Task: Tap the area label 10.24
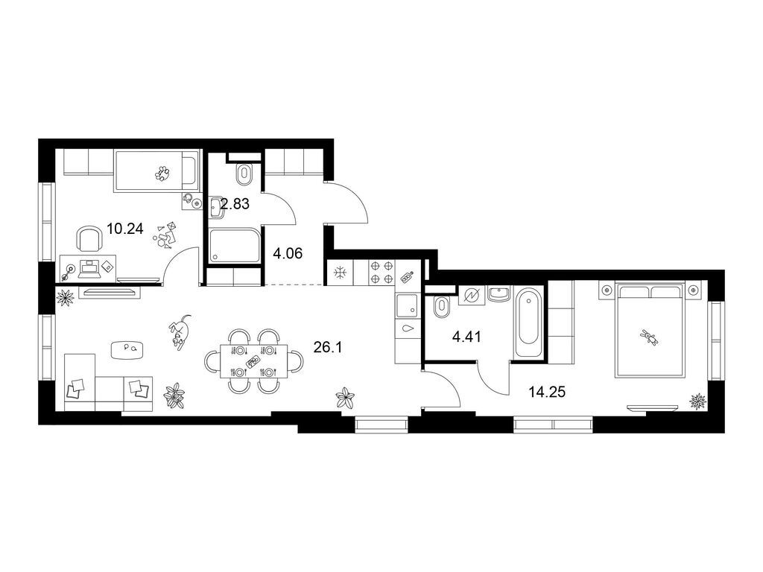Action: coord(125,229)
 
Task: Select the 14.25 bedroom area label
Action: coord(548,392)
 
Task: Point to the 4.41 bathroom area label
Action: coord(466,337)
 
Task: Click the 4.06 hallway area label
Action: coord(288,253)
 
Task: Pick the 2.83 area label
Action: coord(235,204)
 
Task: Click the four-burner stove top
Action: coord(382,273)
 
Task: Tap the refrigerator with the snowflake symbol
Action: coord(339,273)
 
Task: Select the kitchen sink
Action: coord(407,306)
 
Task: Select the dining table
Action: coord(253,361)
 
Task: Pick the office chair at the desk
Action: coord(89,238)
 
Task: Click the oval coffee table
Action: coord(127,349)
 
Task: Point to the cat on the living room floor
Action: coord(180,332)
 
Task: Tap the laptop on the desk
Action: coord(89,269)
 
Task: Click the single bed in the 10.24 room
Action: coord(156,171)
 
